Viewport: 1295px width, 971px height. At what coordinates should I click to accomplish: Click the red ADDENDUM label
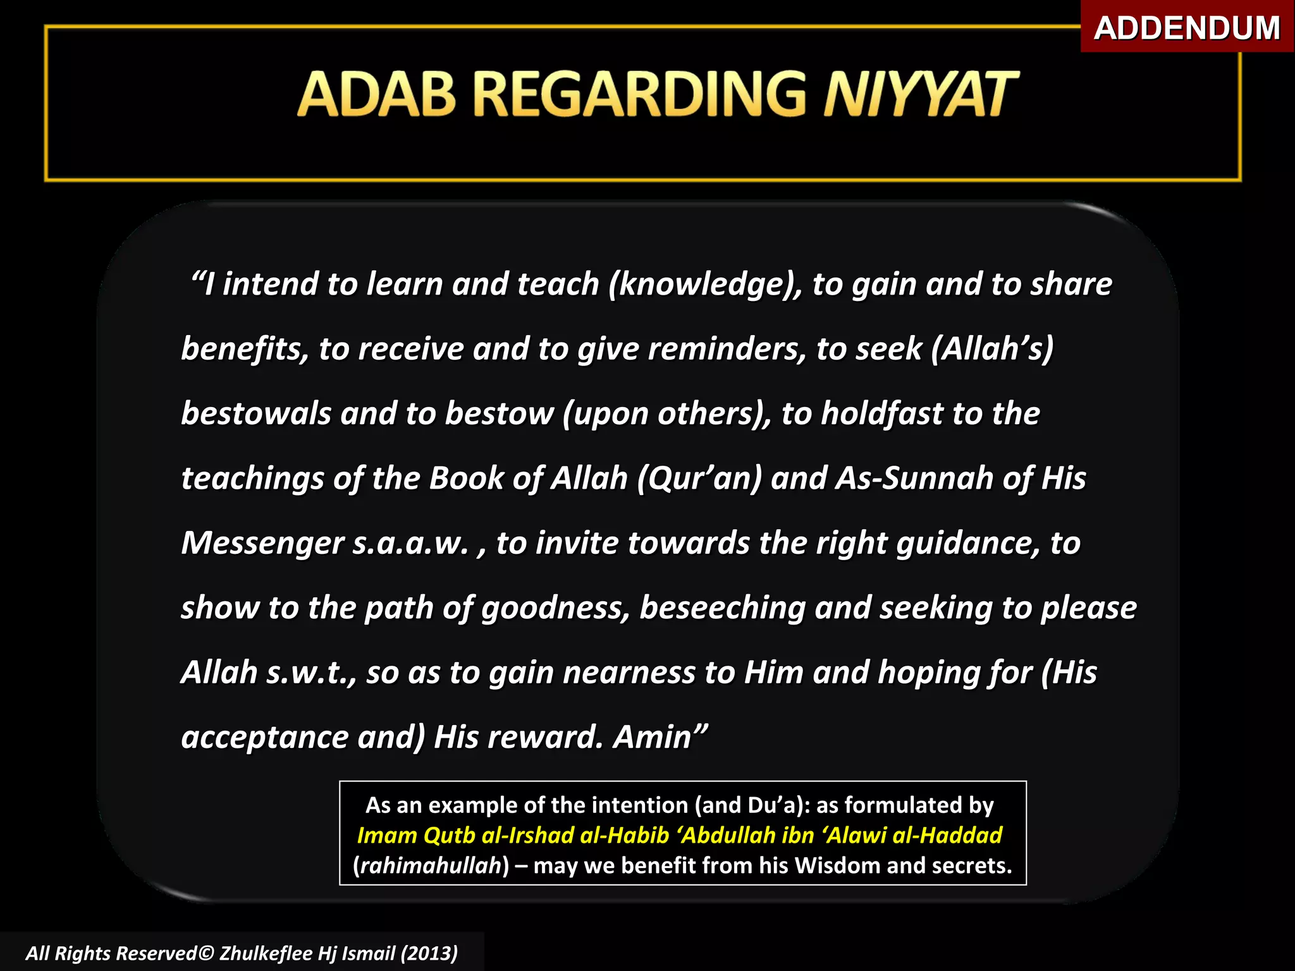(x=1186, y=28)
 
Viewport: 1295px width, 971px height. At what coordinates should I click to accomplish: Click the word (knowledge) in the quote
(x=705, y=284)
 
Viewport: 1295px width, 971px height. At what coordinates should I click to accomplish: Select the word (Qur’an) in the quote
(x=699, y=479)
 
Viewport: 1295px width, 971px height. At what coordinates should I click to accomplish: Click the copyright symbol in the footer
(x=207, y=953)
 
